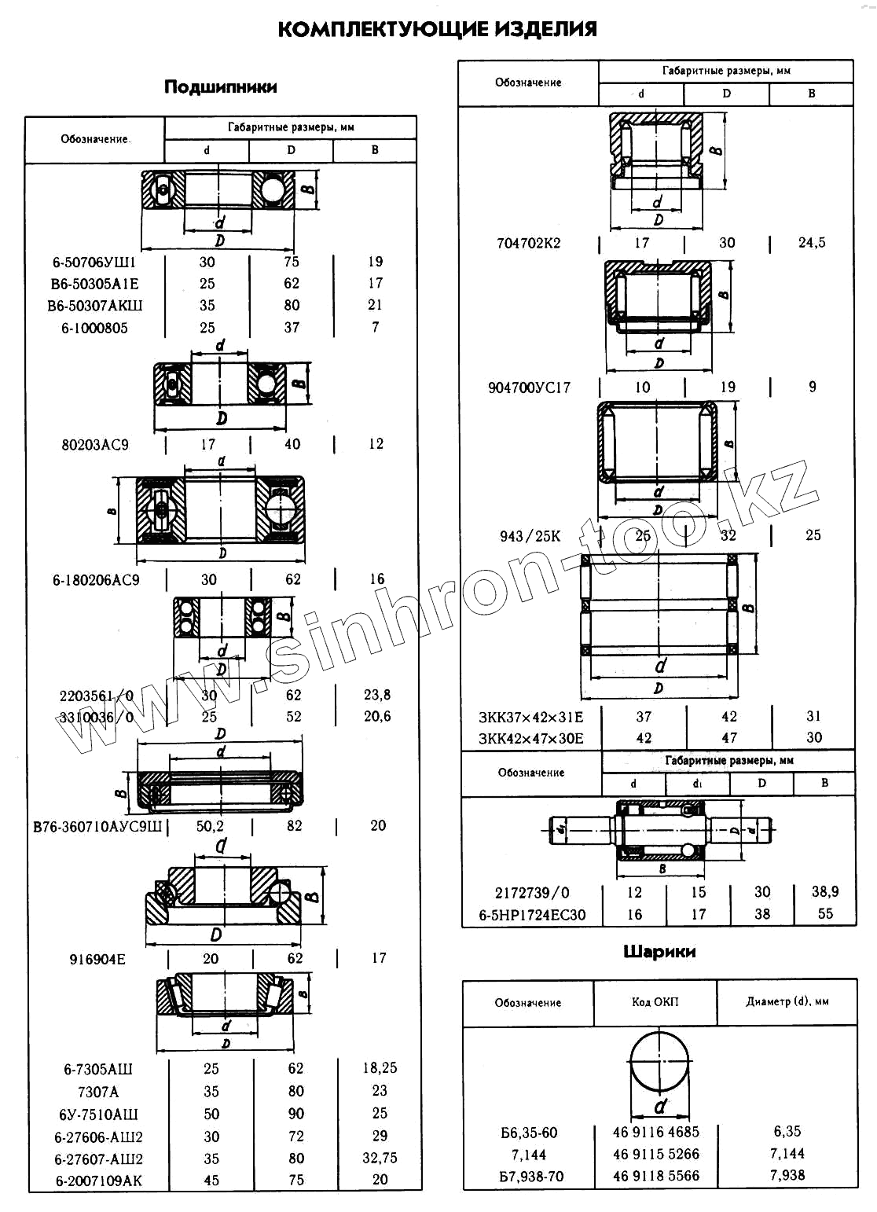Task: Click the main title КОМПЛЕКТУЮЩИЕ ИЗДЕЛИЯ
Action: coord(438,30)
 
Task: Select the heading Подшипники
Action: coord(220,87)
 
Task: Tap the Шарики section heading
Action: coord(659,952)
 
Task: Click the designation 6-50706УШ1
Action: coord(94,263)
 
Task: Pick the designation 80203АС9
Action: coord(95,445)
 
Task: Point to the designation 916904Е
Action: coord(97,960)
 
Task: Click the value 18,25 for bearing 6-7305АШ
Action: coord(380,1068)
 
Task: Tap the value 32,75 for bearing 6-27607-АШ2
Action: coord(380,1159)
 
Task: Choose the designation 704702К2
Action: coord(529,244)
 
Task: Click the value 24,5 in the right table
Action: coord(812,243)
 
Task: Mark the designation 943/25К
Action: coord(530,536)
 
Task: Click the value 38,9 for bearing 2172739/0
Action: coord(825,892)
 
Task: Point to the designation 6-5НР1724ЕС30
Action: coord(532,915)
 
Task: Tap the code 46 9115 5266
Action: coord(656,1155)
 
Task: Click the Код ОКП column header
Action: coord(655,1002)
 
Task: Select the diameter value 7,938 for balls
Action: coord(787,1176)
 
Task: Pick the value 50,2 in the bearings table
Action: coord(210,826)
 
